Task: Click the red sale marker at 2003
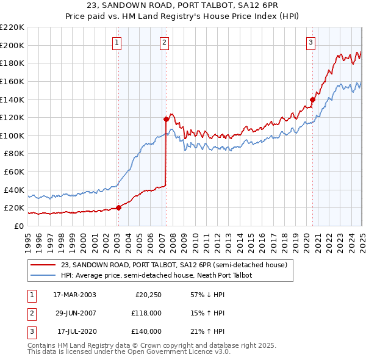coord(119,207)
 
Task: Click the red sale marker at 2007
coord(166,119)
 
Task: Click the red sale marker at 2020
coord(312,99)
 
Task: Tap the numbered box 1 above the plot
coord(117,43)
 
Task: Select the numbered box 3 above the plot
coord(311,43)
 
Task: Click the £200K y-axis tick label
coord(13,45)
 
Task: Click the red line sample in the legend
coord(43,265)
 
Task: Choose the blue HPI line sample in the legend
coord(43,275)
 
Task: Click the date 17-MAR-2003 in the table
coord(74,295)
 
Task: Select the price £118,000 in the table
coord(147,313)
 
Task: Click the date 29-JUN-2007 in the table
coord(74,313)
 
